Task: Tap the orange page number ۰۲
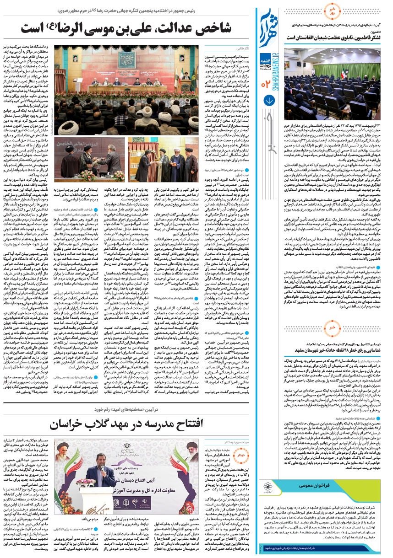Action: pos(267,84)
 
